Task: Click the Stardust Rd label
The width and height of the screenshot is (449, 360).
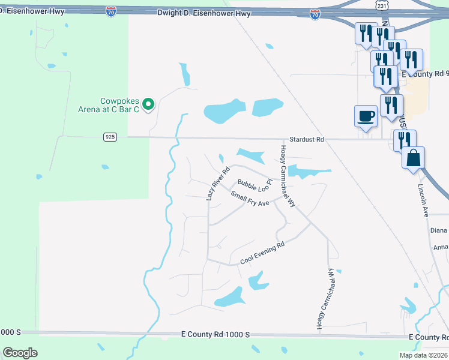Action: tap(306, 139)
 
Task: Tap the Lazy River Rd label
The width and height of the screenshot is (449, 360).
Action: tap(218, 184)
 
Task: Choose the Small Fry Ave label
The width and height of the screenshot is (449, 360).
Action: tap(250, 199)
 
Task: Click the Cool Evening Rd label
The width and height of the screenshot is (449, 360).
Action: tap(261, 253)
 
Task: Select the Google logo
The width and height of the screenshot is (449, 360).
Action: tap(20, 353)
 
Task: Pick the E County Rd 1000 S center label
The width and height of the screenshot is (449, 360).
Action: tap(214, 334)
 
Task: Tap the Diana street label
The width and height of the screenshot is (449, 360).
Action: tap(439, 230)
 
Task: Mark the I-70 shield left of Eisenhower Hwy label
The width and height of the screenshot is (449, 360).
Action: tap(110, 11)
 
